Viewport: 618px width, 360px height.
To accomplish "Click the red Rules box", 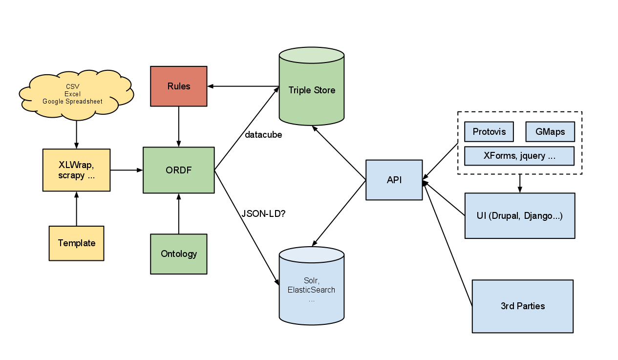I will [178, 86].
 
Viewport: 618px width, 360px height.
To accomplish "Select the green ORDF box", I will [178, 170].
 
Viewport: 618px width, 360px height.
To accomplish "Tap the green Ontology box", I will [178, 254].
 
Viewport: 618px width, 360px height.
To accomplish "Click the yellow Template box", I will [76, 243].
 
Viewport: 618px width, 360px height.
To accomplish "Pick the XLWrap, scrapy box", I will [76, 170].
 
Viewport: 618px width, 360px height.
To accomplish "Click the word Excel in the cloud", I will [72, 94].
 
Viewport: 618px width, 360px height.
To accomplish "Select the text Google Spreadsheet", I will [72, 101].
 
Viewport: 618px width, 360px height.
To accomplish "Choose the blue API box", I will [394, 180].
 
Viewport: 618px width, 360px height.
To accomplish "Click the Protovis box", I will [489, 132].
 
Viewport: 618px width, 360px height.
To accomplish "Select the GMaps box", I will [550, 132].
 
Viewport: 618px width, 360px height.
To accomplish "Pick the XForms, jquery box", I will [519, 156].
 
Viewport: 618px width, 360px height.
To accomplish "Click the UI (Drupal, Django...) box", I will [519, 216].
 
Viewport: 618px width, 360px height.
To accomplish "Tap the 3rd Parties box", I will [522, 306].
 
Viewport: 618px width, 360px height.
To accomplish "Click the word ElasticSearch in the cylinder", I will [312, 290].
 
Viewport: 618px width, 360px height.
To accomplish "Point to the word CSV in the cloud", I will [72, 86].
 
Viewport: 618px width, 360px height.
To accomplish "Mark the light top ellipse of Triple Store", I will [312, 55].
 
